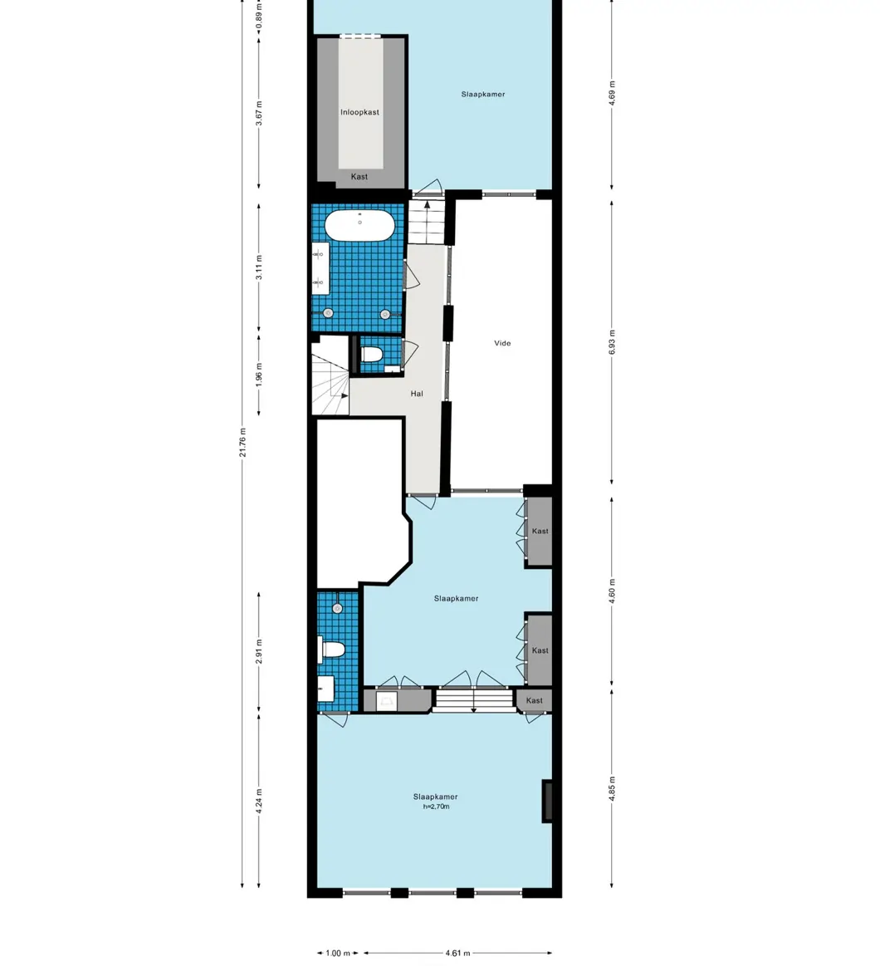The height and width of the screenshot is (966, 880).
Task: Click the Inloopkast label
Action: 359,112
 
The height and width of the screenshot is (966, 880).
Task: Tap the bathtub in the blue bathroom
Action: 359,226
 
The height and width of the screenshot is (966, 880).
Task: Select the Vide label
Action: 502,343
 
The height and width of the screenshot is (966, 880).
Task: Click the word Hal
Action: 417,394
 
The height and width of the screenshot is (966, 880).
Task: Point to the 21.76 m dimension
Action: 242,442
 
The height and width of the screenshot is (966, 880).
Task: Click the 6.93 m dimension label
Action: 612,342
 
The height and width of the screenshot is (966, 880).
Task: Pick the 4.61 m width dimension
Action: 457,954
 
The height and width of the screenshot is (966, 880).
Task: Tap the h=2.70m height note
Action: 436,807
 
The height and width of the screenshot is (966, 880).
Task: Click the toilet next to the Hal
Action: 371,356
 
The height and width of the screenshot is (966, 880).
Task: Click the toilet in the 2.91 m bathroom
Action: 332,650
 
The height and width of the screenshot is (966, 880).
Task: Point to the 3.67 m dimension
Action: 259,112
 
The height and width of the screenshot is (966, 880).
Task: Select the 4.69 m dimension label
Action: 612,93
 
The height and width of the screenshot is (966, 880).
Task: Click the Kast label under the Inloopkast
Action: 359,177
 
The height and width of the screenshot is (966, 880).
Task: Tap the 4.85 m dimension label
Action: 612,787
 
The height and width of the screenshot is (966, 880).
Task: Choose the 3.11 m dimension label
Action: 259,267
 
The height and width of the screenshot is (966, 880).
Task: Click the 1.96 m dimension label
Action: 259,375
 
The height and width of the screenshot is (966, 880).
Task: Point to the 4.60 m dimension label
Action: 612,591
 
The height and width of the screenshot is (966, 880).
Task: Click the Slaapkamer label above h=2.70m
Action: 436,797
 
